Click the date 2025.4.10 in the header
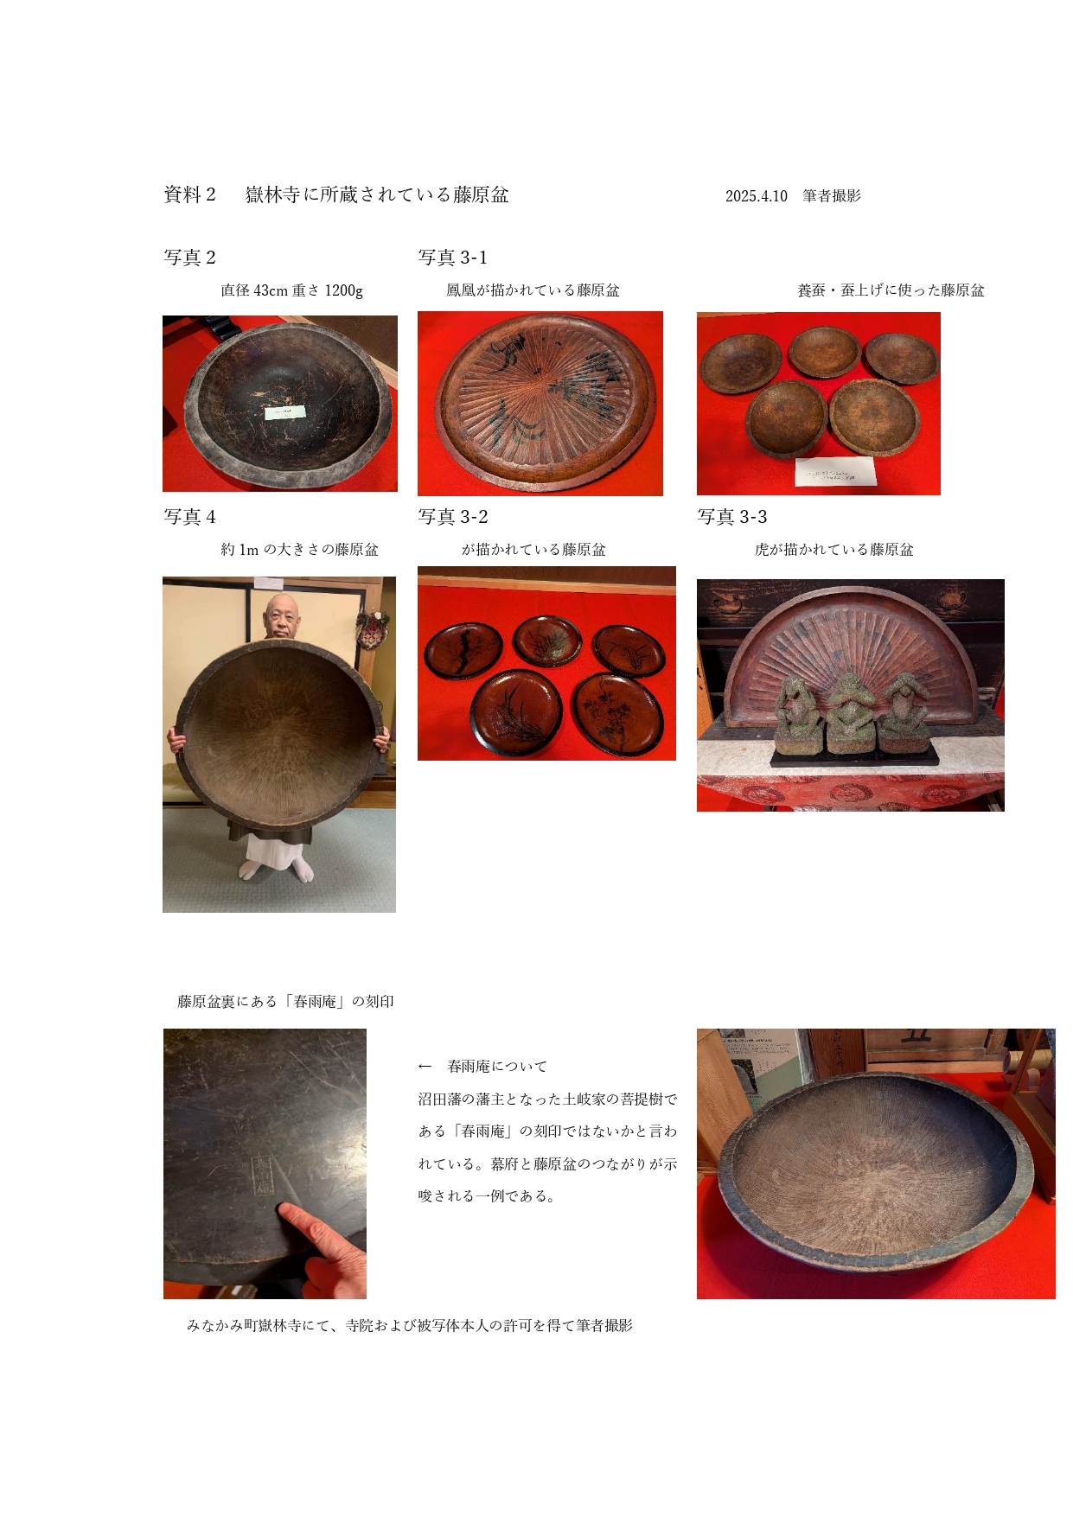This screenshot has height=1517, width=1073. (x=756, y=196)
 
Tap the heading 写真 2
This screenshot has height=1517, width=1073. (x=189, y=258)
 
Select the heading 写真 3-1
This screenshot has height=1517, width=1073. (x=452, y=258)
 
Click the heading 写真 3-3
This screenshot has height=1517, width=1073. (x=731, y=517)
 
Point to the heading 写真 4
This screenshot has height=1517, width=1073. (x=189, y=517)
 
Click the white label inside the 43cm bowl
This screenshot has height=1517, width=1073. (x=284, y=412)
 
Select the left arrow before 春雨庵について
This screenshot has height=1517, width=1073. (x=425, y=1067)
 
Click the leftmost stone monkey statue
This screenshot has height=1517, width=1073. (x=799, y=714)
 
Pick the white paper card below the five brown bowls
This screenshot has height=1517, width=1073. (x=835, y=472)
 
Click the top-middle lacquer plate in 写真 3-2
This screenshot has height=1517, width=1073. (x=546, y=641)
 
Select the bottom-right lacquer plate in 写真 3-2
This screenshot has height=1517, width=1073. (x=617, y=713)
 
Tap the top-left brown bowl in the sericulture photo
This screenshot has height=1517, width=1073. (x=740, y=364)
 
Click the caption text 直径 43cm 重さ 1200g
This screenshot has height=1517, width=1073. (x=291, y=290)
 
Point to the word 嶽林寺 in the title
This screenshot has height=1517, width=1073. (x=272, y=195)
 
